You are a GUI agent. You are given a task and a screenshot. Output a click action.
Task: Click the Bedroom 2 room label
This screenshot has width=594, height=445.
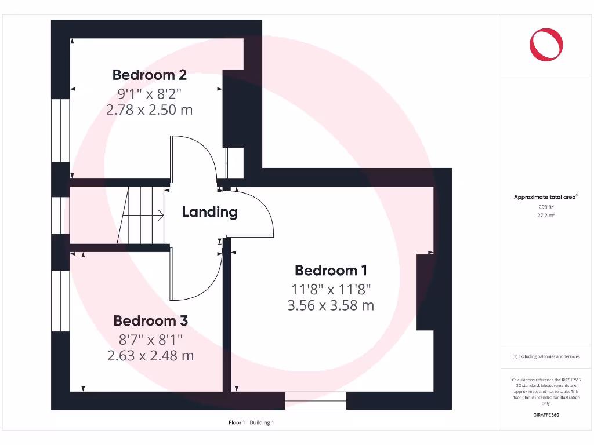150,75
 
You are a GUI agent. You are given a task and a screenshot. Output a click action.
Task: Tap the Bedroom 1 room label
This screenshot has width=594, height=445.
331,270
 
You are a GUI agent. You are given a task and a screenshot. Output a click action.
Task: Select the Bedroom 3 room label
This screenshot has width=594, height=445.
150,320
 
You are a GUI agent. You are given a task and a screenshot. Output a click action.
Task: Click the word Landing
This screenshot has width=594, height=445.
210,212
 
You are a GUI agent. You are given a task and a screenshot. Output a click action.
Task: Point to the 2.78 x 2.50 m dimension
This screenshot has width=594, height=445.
150,109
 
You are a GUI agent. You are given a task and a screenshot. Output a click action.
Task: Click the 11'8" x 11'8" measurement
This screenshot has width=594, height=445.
331,288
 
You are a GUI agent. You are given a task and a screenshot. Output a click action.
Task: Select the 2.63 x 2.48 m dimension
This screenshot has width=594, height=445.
150,355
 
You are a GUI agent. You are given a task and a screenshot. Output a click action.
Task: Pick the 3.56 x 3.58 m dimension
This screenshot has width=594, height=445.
331,305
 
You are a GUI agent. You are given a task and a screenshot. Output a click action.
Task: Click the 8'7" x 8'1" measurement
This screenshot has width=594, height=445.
150,338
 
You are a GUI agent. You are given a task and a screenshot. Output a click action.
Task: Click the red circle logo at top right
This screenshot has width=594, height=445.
546,44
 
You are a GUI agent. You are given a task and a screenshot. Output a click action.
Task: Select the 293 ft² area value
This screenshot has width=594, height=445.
546,206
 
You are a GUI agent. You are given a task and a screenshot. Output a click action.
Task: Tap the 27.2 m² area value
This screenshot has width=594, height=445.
546,215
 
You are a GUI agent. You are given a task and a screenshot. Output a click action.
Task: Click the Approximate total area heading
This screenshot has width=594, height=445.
546,198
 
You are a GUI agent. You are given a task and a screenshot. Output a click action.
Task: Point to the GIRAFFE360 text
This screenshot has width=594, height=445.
546,415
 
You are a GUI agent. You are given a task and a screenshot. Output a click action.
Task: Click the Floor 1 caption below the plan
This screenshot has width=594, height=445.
237,422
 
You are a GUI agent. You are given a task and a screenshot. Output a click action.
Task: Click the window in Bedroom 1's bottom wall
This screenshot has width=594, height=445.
316,400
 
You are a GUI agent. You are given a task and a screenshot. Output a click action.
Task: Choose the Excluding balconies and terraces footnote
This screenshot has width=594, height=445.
546,356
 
